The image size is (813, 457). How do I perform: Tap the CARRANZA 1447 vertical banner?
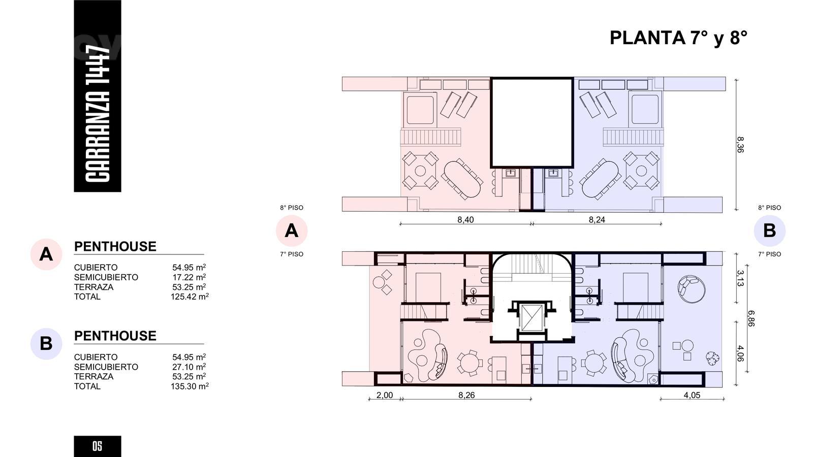[x=97, y=96]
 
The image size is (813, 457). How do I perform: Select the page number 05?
[x=97, y=446]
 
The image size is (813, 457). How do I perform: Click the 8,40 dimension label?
[x=465, y=219]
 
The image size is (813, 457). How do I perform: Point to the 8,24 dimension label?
[x=597, y=219]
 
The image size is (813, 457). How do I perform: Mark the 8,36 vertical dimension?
[x=740, y=144]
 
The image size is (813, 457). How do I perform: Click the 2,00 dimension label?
[x=384, y=395]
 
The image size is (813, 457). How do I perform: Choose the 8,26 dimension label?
[x=466, y=395]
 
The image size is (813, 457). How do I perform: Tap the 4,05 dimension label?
[x=692, y=395]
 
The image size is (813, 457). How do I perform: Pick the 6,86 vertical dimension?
[x=751, y=318]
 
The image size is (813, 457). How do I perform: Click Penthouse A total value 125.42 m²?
[x=190, y=297]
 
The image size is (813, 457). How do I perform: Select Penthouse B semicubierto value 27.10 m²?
[x=189, y=367]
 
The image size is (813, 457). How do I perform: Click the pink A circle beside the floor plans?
[x=292, y=231]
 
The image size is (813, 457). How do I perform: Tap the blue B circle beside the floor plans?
[x=769, y=231]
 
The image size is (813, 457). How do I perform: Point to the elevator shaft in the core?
[x=532, y=318]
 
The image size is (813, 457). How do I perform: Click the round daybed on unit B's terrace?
[x=692, y=289]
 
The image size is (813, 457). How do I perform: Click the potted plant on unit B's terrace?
[x=712, y=358]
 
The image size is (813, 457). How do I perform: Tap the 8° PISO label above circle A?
[x=292, y=208]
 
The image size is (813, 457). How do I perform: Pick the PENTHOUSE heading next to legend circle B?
[x=115, y=336]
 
